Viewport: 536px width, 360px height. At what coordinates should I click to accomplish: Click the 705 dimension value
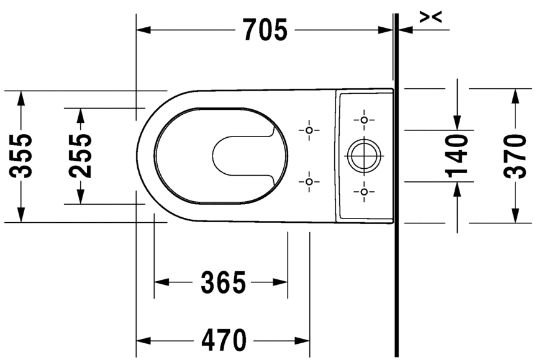pos(265,29)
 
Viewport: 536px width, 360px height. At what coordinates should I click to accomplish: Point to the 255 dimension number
pos(81,156)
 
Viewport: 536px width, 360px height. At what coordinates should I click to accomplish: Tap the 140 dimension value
pos(457,156)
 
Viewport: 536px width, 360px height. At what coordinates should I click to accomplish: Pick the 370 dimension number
pos(516,156)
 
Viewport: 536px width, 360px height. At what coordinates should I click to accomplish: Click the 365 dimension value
pos(224,283)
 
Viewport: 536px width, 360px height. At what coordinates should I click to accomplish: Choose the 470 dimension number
pos(224,340)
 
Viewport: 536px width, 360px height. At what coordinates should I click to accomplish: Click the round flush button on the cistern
pos(363,155)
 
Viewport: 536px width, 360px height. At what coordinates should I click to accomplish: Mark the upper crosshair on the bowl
pos(309,130)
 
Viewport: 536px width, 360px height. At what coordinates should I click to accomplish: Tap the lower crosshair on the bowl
pos(309,181)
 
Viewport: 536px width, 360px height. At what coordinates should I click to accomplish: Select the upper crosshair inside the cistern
pos(364,119)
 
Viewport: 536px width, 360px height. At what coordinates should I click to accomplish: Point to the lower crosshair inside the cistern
pos(364,192)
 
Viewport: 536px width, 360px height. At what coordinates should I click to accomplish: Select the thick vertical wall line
pos(396,186)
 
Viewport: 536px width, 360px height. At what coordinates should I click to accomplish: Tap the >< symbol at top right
pos(430,17)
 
